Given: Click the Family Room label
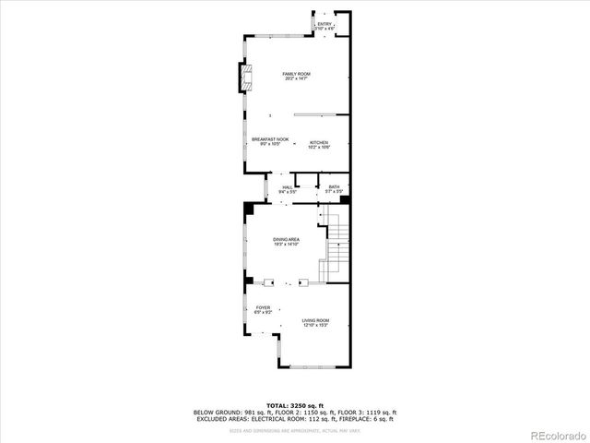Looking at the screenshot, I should click(296, 74).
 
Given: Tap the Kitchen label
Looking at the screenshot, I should click(319, 142).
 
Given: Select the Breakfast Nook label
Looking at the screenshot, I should click(270, 139).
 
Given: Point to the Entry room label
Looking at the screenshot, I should click(324, 25).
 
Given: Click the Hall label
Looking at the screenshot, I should click(287, 187).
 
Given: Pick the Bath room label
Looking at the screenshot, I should click(334, 187).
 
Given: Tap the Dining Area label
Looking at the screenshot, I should click(286, 239).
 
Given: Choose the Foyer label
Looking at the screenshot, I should click(263, 307).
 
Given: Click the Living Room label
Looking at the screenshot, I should click(315, 320).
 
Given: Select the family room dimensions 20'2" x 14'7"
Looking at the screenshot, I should click(296, 78).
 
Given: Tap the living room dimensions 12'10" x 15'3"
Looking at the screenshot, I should click(315, 326).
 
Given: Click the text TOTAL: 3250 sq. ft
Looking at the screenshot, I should click(295, 405).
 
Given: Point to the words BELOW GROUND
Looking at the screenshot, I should click(216, 412).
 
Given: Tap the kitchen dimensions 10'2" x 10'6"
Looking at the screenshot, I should click(319, 148).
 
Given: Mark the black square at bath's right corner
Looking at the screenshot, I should click(344, 197).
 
